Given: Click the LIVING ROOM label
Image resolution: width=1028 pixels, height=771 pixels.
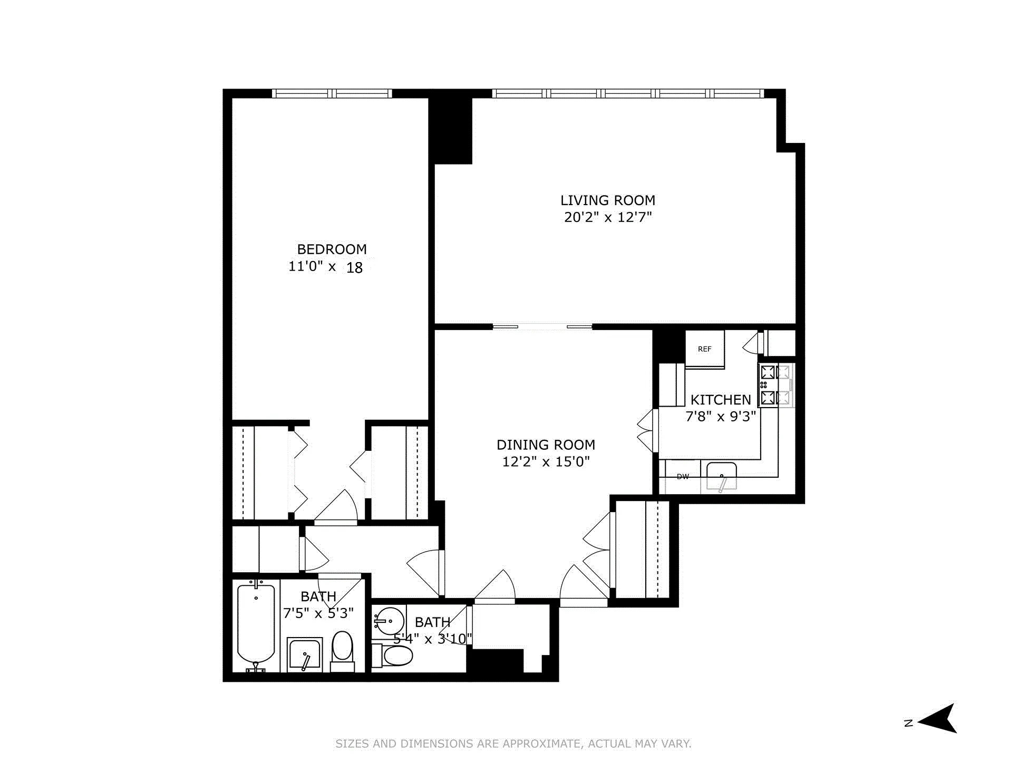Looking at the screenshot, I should [607, 200].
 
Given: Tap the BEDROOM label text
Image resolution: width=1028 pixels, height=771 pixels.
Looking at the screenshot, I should [332, 249].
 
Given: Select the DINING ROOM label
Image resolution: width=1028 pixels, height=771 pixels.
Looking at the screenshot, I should [546, 445].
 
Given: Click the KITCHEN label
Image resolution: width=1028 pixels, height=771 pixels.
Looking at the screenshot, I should [720, 400].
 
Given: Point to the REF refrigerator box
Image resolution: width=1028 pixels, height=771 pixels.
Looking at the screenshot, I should [705, 349].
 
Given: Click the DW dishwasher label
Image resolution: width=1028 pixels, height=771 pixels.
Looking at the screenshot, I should [683, 477].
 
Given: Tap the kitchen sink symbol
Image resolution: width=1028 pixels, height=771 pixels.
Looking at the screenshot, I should [721, 476].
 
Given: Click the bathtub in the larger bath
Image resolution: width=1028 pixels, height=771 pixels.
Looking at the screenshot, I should [256, 625].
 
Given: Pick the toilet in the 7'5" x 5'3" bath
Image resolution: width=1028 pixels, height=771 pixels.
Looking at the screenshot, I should [343, 651].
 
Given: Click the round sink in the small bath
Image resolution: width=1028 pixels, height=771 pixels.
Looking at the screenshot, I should [389, 621].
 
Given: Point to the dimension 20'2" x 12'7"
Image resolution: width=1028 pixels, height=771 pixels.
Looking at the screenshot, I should [608, 217].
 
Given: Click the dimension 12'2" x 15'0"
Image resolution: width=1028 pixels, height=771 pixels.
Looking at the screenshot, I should [546, 462].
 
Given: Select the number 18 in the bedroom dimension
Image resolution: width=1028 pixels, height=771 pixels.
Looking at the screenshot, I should [354, 268].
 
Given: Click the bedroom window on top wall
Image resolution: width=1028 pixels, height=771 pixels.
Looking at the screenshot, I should [332, 93].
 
